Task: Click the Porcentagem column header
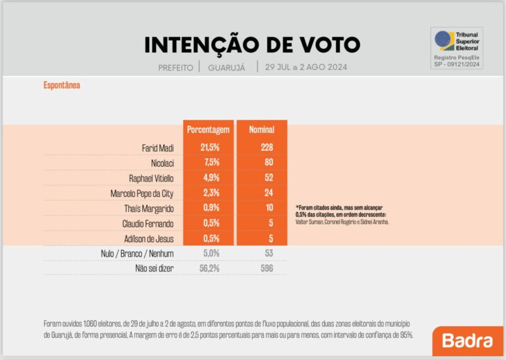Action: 208,130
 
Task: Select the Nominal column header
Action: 261,130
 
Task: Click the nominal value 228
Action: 266,147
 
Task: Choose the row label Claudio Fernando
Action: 148,224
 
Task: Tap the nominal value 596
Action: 266,269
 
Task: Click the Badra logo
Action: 467,341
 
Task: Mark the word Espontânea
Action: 62,85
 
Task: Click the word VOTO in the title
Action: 327,45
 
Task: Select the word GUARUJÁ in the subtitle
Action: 226,68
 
